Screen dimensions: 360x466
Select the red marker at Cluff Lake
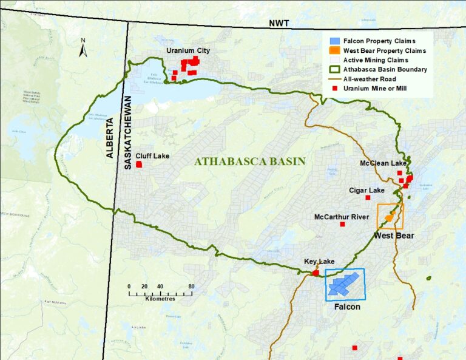point(139,165)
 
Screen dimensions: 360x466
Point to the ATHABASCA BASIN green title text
point(249,161)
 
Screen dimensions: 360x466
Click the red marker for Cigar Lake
point(367,198)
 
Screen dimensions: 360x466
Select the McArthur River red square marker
point(342,225)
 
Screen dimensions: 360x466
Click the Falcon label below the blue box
point(347,307)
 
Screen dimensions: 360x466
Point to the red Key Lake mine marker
point(316,273)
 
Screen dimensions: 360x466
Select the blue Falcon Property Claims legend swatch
point(332,41)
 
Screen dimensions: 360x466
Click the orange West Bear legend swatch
point(332,50)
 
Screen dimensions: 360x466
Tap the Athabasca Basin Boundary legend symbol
point(332,69)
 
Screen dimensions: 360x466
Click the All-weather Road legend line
point(332,79)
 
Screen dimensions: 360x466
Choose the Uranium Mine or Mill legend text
point(376,89)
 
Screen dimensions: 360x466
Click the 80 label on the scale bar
point(191,287)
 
